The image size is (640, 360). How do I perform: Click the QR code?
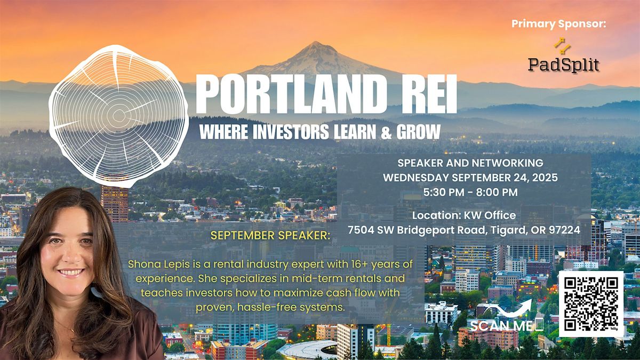point(591,304)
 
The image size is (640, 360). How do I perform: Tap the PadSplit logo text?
point(563,65)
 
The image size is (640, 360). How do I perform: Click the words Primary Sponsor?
point(558,23)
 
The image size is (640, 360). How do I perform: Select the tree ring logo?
point(118,116)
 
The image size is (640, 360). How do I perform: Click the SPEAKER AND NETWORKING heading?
point(470,163)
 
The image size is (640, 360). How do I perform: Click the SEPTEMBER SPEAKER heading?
point(270,235)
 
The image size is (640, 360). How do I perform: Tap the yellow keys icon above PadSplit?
point(562,46)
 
